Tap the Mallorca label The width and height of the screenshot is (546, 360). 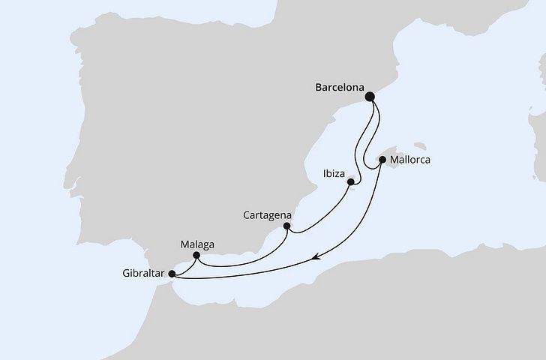(x=412, y=160)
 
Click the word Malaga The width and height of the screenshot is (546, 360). (x=198, y=244)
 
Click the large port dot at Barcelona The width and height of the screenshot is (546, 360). (x=370, y=96)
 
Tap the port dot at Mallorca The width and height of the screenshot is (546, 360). (x=382, y=159)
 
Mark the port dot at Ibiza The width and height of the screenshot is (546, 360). (x=351, y=181)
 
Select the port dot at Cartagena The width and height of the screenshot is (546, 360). (x=286, y=225)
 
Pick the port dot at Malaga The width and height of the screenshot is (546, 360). (x=196, y=256)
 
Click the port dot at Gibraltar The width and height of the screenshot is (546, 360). (x=172, y=274)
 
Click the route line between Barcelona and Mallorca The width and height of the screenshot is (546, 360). (x=366, y=146)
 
